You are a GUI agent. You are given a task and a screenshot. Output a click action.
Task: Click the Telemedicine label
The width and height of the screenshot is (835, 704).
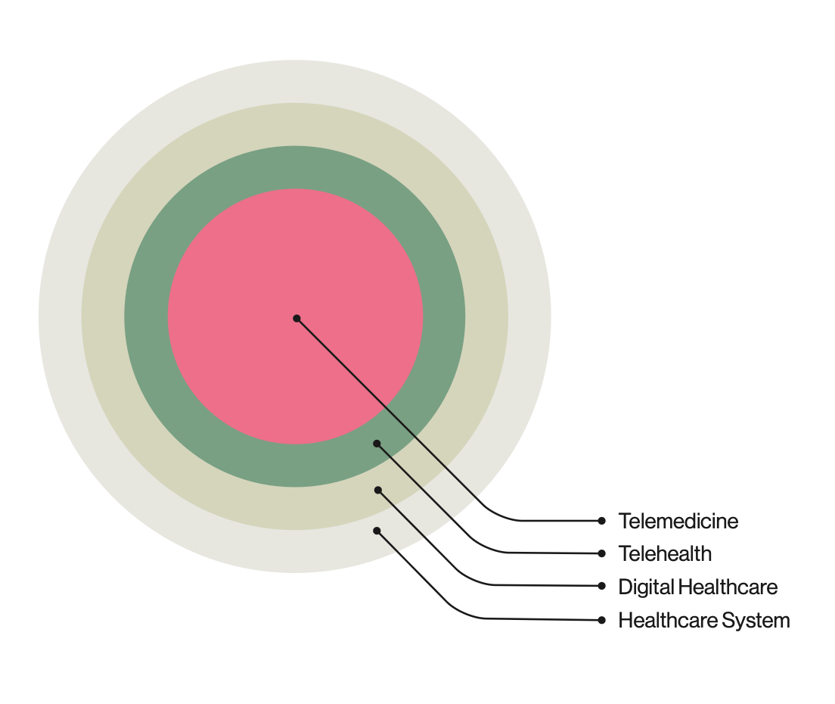[x=678, y=521]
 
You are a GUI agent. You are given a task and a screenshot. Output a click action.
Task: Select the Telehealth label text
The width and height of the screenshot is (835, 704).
[x=665, y=553]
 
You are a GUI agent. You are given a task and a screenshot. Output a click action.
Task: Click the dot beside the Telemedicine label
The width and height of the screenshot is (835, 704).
[x=601, y=521]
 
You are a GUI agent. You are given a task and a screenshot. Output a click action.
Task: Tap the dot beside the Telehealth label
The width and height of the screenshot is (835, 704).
[x=601, y=553]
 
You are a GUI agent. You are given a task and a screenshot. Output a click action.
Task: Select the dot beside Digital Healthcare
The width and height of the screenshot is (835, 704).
[x=601, y=586]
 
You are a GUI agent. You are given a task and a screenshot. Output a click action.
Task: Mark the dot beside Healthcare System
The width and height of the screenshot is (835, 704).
[x=601, y=620]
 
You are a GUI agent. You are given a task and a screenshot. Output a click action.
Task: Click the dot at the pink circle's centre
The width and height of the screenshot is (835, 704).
[x=296, y=319]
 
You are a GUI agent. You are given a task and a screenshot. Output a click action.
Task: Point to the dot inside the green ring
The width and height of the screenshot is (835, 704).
[x=377, y=444]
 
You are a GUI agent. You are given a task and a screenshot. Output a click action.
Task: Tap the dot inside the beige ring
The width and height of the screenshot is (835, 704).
[x=378, y=491]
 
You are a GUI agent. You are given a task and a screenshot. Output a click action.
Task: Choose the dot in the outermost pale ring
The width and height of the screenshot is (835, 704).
[x=377, y=531]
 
